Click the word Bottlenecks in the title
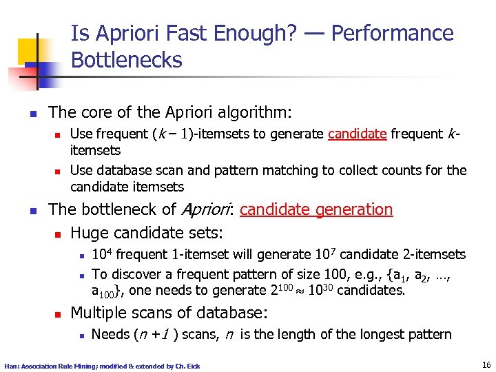pos(126,60)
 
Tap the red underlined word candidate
pos(357,134)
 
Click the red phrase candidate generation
pos(316,209)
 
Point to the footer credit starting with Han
pos(102,366)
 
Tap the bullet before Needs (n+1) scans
pos(81,335)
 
